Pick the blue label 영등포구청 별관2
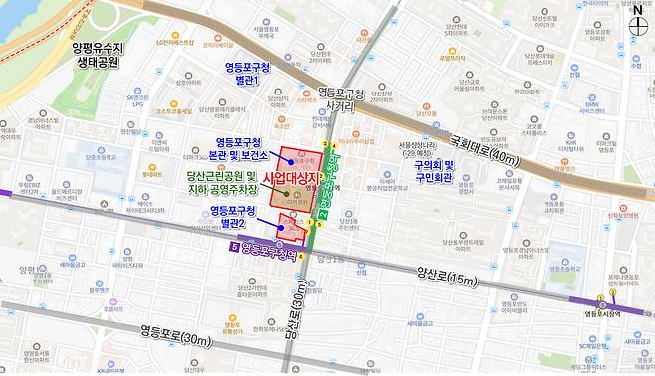[234, 217]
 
